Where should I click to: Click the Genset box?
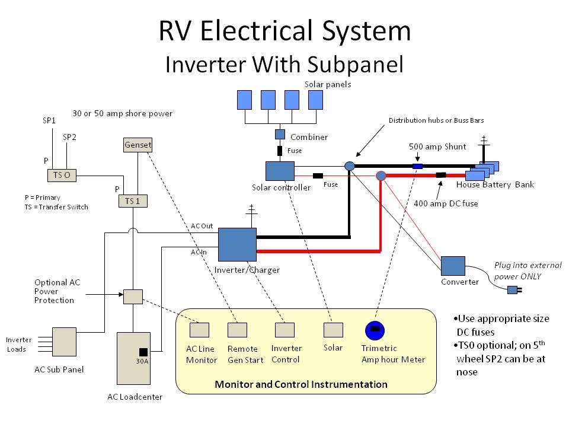tap(138, 145)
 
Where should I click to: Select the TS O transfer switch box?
tap(62, 176)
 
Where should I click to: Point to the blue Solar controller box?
tap(280, 171)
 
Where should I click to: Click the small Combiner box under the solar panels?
tap(280, 134)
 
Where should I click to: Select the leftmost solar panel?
tap(244, 100)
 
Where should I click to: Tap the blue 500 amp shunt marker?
tap(417, 167)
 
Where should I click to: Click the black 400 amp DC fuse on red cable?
tap(441, 175)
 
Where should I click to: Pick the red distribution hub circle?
tap(381, 176)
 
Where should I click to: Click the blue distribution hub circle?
tap(350, 167)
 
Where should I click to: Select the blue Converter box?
tap(453, 266)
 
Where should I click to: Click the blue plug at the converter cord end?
tap(512, 290)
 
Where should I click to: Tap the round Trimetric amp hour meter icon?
tap(375, 330)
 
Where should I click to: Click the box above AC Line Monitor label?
tap(199, 330)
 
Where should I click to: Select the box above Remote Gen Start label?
tap(237, 330)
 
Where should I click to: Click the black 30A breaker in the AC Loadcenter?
tap(143, 352)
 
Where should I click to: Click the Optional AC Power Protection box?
tap(133, 297)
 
